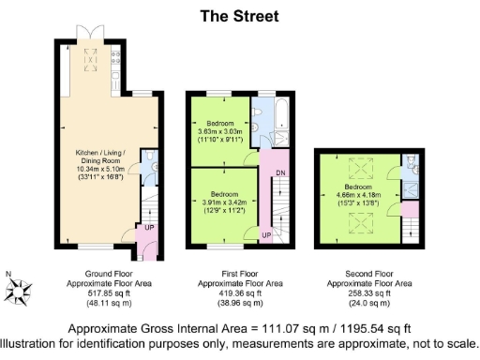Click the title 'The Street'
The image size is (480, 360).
239,16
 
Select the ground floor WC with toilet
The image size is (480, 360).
153,168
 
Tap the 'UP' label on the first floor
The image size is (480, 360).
265,233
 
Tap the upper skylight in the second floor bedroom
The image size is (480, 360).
358,169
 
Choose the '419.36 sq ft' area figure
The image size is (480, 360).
238,292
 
